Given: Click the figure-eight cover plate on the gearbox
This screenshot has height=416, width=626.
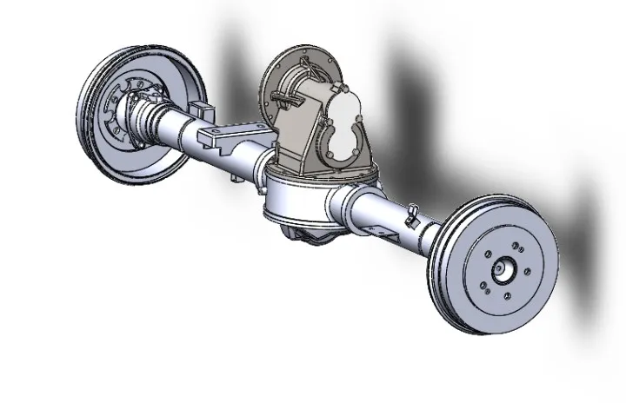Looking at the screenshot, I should pyautogui.click(x=345, y=127).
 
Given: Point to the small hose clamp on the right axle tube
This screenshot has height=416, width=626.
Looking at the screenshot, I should pyautogui.click(x=411, y=210).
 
